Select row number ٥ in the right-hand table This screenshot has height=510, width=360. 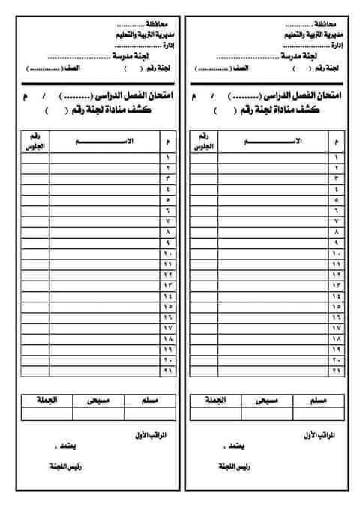point(335,200)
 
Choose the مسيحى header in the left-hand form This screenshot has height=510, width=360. point(100,399)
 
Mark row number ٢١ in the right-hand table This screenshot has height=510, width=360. point(335,370)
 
